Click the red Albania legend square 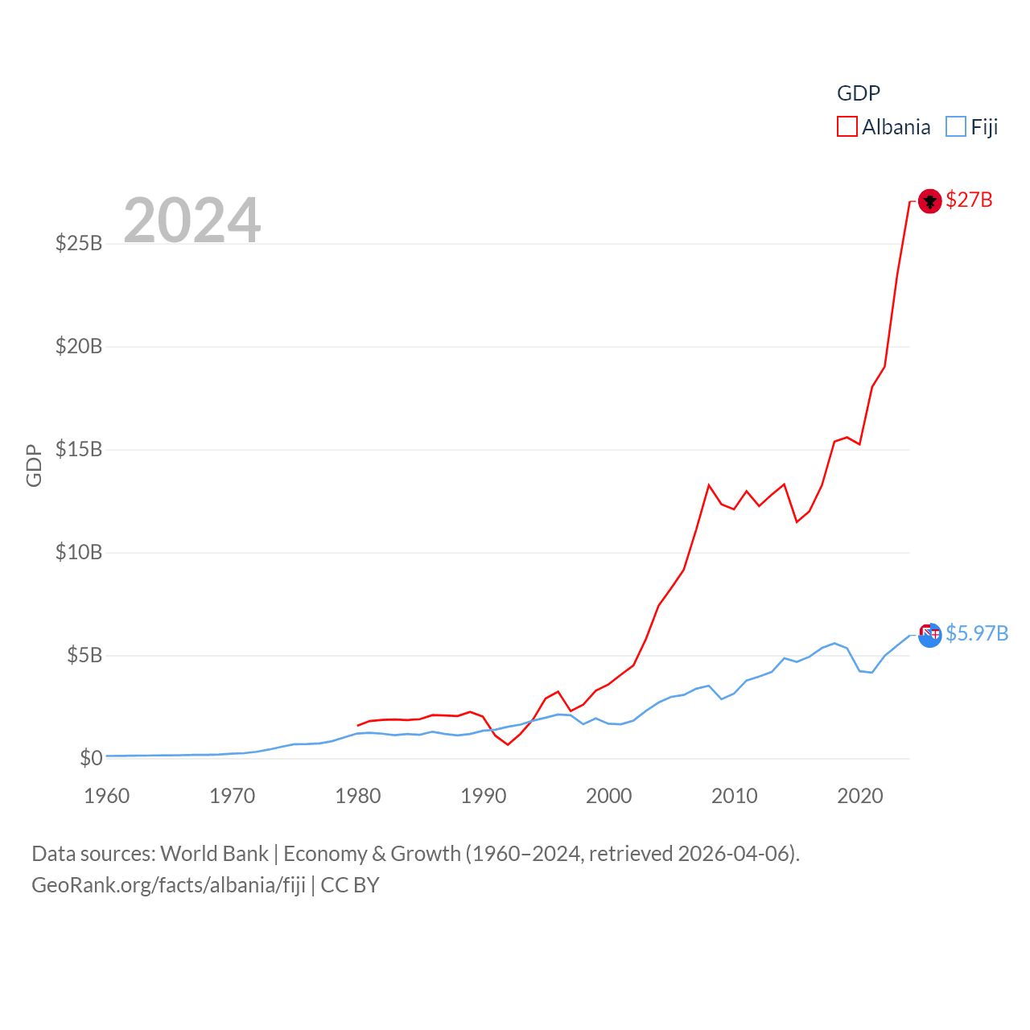pos(847,127)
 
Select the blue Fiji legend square pos(955,127)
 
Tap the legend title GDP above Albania pos(859,93)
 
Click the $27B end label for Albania pos(969,200)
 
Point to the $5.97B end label pos(977,633)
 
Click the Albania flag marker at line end pos(929,200)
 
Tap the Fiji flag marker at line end pos(929,635)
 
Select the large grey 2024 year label pos(192,220)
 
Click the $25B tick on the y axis pos(79,243)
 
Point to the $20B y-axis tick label pos(79,346)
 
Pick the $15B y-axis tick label pos(79,449)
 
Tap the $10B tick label pos(79,552)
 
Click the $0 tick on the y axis pos(91,758)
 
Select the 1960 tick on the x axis pos(107,796)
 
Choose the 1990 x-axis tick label pos(483,796)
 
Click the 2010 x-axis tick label pos(734,796)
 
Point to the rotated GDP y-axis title pos(34,465)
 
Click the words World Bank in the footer pos(214,853)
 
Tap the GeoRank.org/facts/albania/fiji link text pos(168,885)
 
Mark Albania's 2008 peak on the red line pos(709,485)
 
